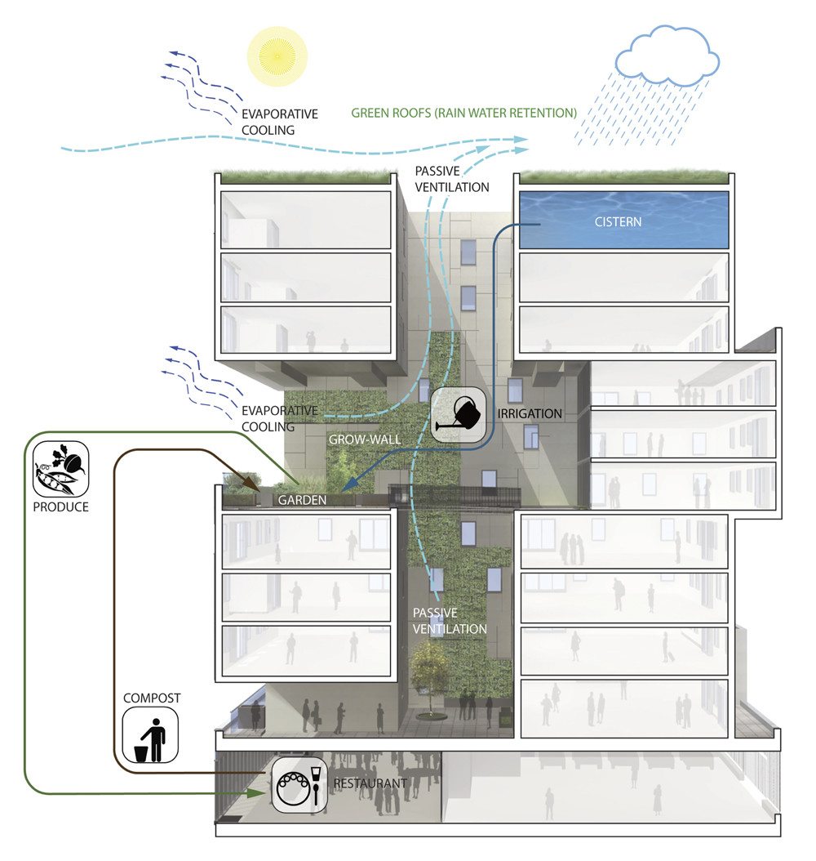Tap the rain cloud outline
[667, 59]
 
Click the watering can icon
[457, 414]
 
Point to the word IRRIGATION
[530, 413]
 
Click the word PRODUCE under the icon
[61, 506]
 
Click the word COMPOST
[151, 698]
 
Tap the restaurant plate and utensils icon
[299, 785]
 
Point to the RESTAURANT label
[370, 784]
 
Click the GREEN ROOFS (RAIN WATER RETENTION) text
[463, 112]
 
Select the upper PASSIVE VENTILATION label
[451, 179]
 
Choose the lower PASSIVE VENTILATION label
[450, 621]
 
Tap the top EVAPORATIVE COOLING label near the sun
[278, 122]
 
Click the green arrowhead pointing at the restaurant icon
[259, 792]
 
